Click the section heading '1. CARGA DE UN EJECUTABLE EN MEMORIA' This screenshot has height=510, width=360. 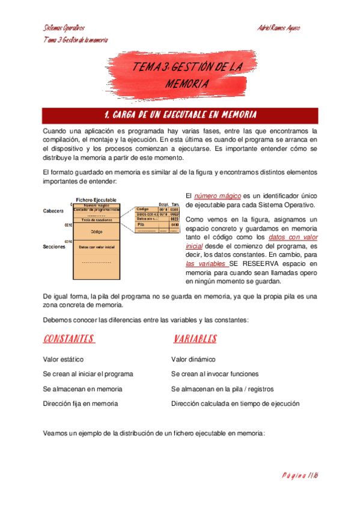coord(180,115)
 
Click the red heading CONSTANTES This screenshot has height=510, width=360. coord(69,339)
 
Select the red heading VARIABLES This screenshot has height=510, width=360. coord(195,339)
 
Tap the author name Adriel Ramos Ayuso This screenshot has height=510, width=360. coord(278,28)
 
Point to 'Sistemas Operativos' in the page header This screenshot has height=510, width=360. coord(64,28)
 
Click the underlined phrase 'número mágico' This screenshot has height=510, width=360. coord(217,196)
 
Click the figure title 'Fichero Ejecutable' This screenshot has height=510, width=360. coord(96,200)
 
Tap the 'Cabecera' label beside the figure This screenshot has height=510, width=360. coord(53,211)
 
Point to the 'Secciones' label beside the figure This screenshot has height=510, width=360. coord(54,247)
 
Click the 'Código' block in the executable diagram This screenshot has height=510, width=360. coord(96,231)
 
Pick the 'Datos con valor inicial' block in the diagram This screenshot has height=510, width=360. coord(96,247)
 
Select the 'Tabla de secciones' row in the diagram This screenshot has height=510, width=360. coord(96,220)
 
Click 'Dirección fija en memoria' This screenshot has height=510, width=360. coord(81,404)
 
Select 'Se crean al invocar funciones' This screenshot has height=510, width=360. coord(214,374)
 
